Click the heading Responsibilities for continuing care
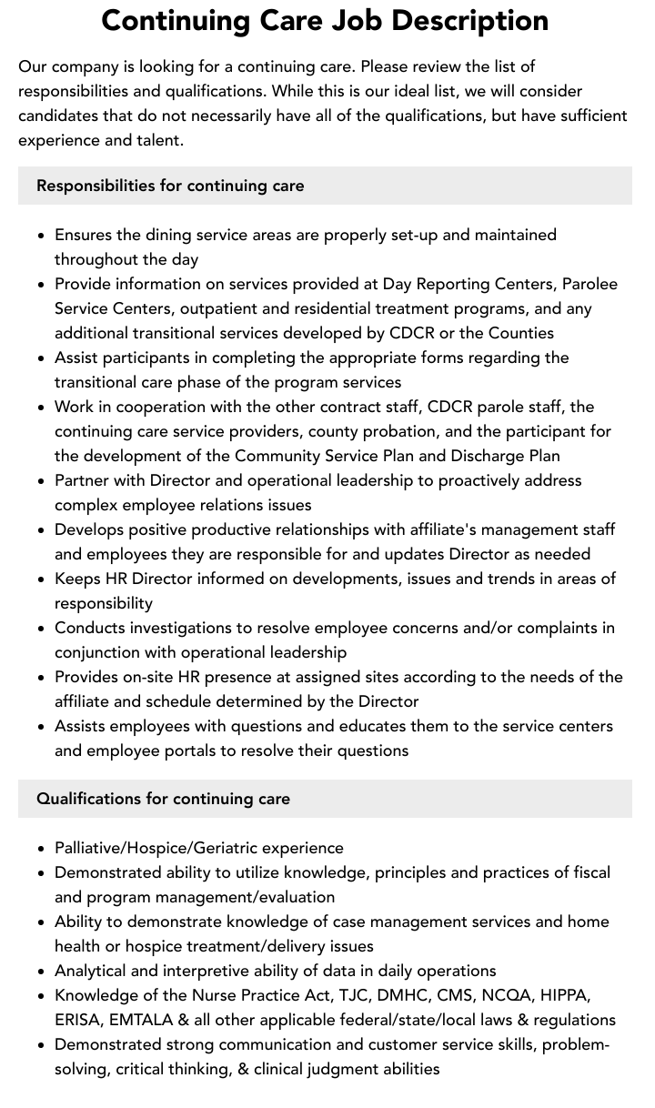170,186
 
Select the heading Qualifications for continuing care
163,799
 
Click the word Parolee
587,284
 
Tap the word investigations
188,628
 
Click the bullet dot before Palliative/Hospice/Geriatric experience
41,849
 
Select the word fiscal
589,872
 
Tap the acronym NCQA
499,995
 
